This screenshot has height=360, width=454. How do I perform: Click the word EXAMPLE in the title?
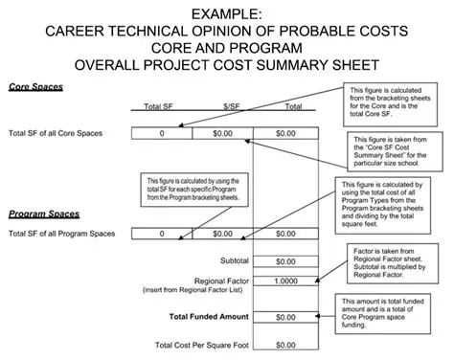(226, 12)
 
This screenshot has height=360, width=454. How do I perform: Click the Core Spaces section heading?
(35, 87)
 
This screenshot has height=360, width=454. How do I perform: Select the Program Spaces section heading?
(44, 214)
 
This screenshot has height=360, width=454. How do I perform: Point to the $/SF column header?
(223, 106)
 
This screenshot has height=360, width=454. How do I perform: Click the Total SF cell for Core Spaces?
(162, 133)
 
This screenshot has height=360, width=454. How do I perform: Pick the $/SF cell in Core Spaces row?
(223, 133)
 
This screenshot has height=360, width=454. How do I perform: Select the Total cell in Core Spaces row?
(285, 133)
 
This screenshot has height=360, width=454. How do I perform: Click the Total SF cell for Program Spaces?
(162, 233)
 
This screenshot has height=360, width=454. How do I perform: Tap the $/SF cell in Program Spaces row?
(223, 233)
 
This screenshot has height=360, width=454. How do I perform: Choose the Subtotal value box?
(285, 260)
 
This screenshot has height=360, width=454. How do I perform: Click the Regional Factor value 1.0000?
(285, 282)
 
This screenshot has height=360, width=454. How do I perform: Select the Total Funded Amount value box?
(285, 316)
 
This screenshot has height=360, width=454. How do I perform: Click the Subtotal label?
(236, 260)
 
